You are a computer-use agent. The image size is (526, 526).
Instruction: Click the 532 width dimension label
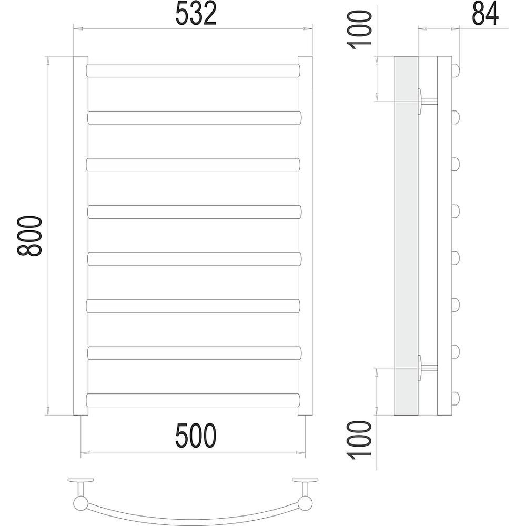[196, 14]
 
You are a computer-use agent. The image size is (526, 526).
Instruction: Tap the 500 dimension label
[196, 436]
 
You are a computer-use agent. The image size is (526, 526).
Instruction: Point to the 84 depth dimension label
[484, 14]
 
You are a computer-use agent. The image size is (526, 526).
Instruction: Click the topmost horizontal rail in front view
[194, 70]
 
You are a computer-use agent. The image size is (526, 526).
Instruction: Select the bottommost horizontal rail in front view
[194, 400]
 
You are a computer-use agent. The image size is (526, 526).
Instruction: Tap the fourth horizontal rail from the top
[194, 211]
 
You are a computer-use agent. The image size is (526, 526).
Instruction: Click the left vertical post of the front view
[80, 236]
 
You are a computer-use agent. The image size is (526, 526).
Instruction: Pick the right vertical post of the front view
[305, 236]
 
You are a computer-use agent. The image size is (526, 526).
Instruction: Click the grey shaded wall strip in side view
[406, 236]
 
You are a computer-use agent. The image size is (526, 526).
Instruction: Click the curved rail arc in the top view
[193, 518]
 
